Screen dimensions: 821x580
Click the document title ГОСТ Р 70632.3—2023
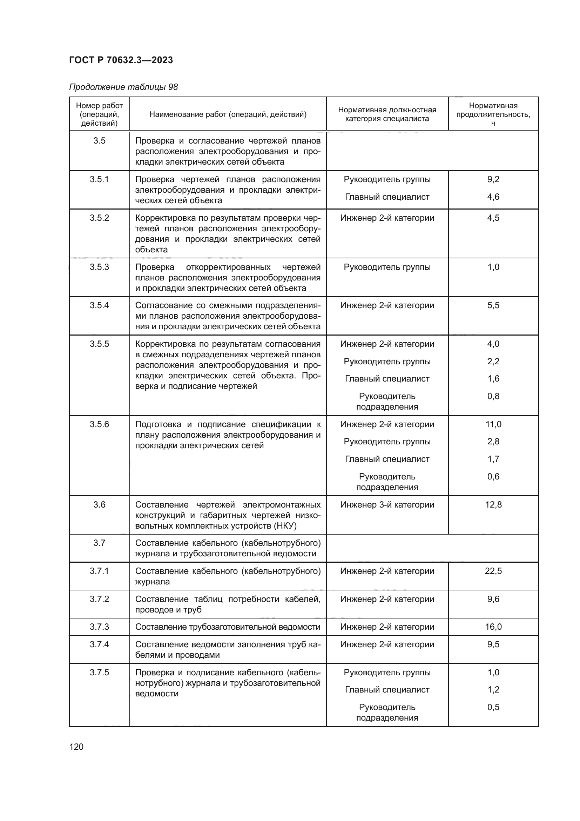121,60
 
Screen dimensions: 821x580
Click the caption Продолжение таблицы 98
123,87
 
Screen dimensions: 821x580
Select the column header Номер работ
99,106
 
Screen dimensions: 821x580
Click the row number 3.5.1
99,179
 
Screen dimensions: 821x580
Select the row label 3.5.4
99,305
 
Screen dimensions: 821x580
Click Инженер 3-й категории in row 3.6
387,504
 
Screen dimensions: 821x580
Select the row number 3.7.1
99,571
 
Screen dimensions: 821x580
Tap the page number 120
76,747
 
